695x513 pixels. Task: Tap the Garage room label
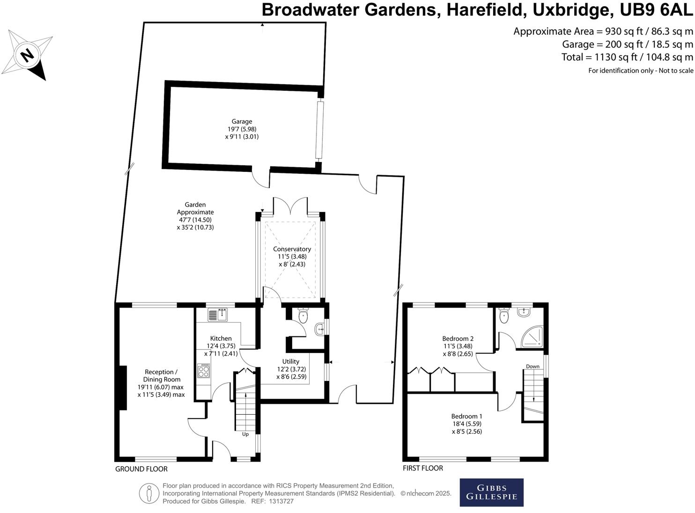(242, 122)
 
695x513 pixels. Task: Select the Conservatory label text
(292, 249)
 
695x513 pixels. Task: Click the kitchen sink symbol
(218, 315)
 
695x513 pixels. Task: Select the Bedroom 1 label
(466, 416)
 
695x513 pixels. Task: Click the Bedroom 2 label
(458, 338)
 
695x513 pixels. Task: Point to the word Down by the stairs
(532, 366)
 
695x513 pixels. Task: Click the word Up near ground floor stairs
(245, 434)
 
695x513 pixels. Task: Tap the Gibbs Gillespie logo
(491, 492)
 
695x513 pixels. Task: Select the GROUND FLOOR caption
(141, 469)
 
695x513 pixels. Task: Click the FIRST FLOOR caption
(423, 468)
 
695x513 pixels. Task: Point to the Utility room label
(291, 361)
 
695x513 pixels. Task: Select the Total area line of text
(627, 57)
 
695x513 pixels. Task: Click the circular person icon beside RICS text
(149, 493)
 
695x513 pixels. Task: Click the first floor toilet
(504, 316)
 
